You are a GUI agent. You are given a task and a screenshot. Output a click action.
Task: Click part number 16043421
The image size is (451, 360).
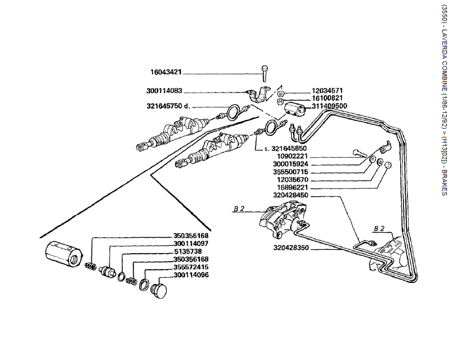(x=166, y=73)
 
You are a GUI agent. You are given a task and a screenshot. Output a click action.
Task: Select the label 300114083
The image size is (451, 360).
(x=164, y=91)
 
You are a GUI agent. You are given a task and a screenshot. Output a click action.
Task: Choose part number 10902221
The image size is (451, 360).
(x=308, y=156)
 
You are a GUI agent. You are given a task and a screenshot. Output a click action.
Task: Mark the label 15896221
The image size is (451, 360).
(x=308, y=187)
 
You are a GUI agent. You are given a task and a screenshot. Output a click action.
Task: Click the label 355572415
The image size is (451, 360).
(x=191, y=267)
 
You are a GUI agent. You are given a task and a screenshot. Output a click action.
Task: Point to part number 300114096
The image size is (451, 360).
(x=191, y=275)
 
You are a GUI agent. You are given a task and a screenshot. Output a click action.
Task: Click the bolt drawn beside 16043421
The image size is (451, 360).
(x=265, y=74)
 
